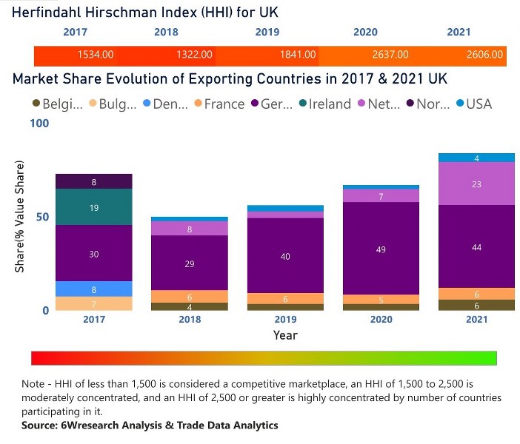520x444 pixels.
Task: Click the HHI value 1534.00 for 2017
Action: [x=96, y=55]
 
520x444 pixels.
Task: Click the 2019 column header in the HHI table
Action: [x=267, y=33]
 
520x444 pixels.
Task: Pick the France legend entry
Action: [x=219, y=104]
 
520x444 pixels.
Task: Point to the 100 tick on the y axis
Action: [x=39, y=124]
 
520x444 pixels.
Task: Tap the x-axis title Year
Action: [x=285, y=335]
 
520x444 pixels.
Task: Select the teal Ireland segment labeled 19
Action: [x=94, y=208]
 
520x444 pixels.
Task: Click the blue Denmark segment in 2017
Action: [x=94, y=289]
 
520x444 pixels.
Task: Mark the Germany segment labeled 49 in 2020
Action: [x=381, y=249]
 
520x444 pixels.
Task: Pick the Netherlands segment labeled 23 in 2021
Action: [x=476, y=184]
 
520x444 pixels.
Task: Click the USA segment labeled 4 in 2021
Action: [x=476, y=158]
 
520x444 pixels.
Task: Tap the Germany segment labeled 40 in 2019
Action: [x=285, y=256]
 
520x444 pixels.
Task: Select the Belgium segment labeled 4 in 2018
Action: [x=190, y=306]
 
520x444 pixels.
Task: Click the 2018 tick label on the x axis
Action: [x=190, y=319]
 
